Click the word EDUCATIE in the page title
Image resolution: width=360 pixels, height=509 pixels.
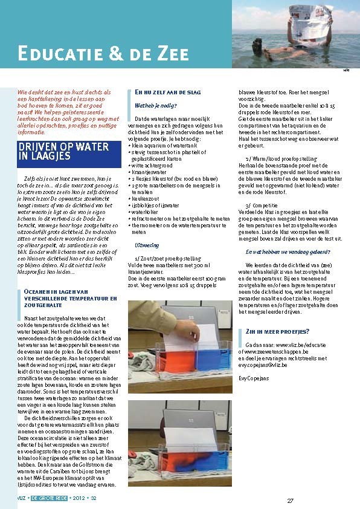(x=54, y=53)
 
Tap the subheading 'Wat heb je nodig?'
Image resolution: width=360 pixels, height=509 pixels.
(x=151, y=105)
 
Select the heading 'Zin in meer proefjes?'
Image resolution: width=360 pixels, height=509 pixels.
(x=278, y=331)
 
